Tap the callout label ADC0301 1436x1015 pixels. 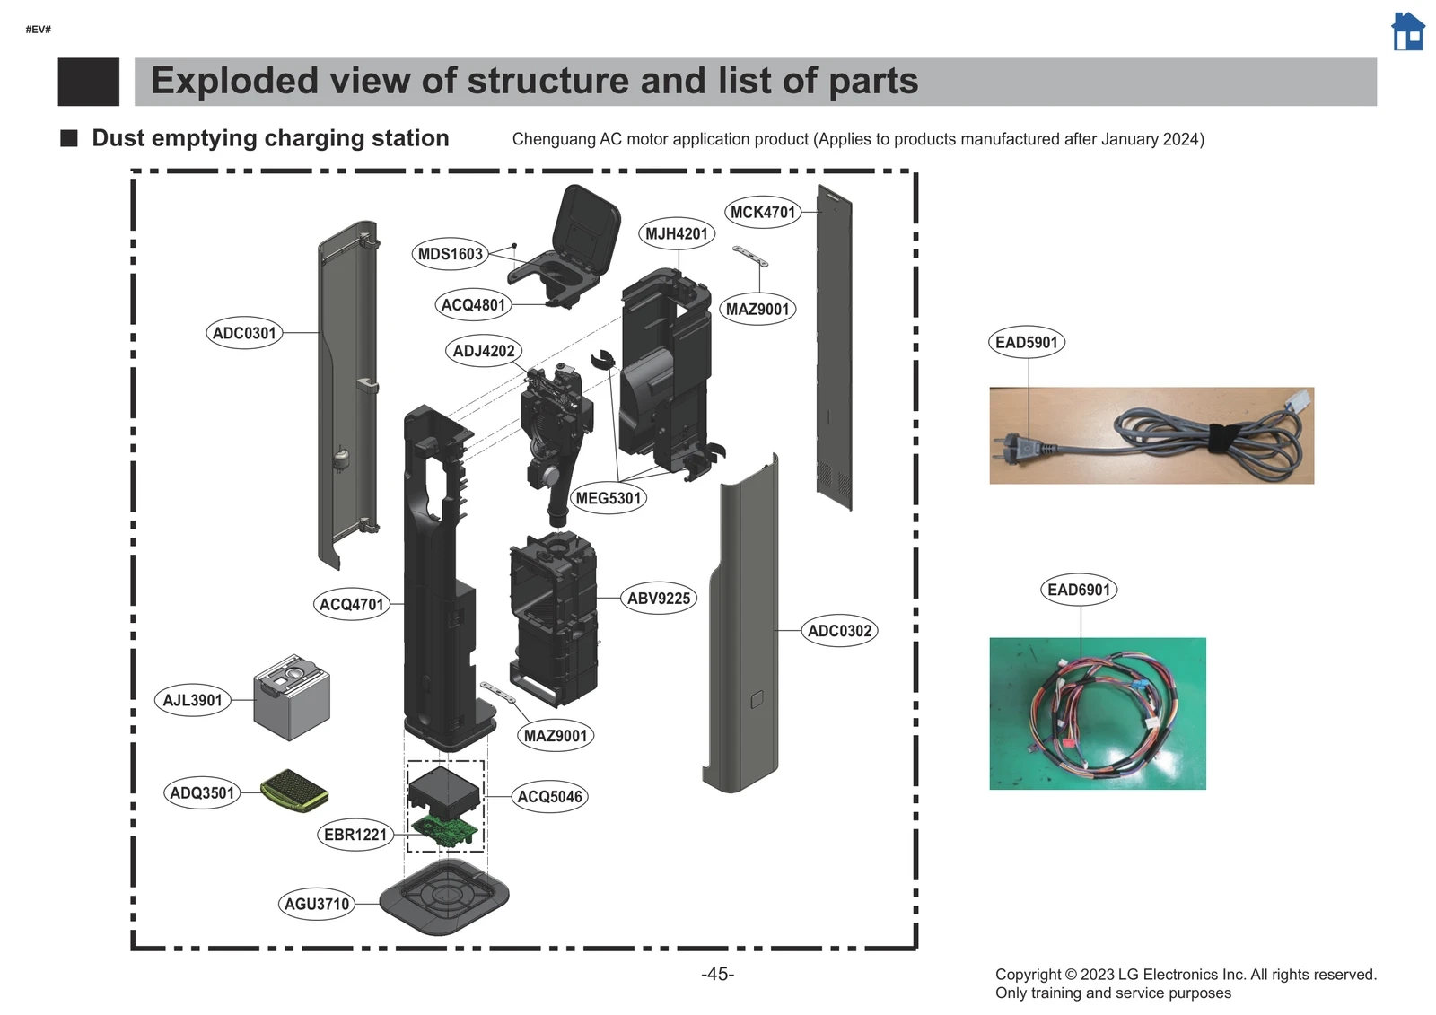tap(244, 333)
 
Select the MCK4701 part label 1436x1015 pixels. tap(762, 212)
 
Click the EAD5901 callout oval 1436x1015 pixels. tap(1027, 342)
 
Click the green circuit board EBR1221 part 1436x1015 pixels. tap(445, 830)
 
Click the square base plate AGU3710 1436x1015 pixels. tap(444, 897)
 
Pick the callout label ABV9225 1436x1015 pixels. tap(659, 599)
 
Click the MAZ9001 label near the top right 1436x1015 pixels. tap(757, 310)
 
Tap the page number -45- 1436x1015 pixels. tap(717, 974)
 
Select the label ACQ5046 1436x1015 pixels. tap(549, 797)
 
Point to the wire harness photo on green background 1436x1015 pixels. tap(1097, 713)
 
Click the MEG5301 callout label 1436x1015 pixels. tap(609, 498)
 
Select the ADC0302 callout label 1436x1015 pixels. tap(839, 631)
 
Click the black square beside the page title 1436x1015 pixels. tap(88, 82)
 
